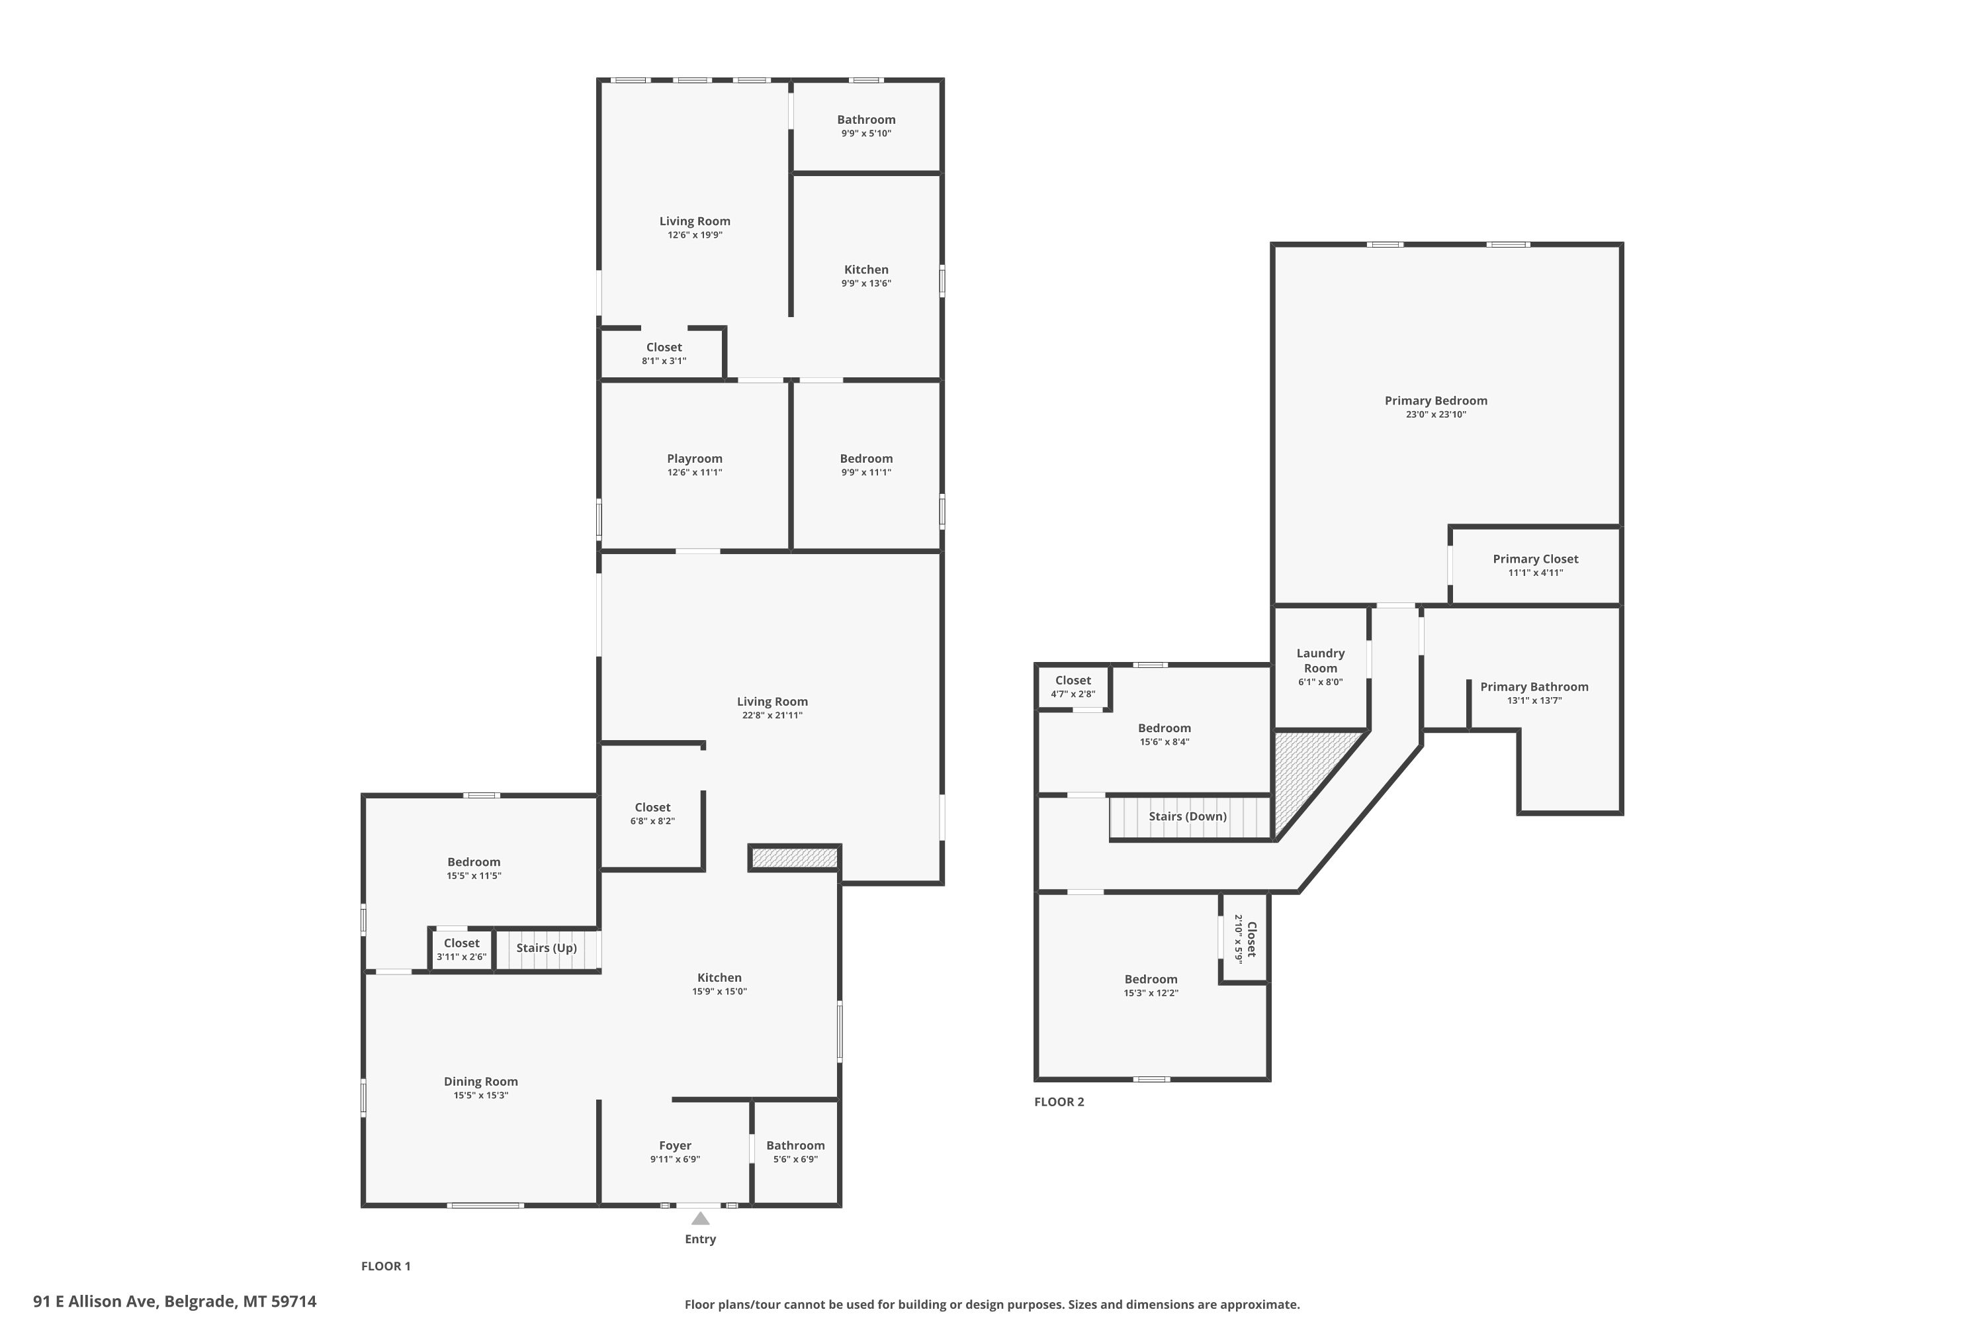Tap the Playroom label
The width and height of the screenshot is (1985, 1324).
pyautogui.click(x=695, y=459)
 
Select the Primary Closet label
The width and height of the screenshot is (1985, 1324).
pyautogui.click(x=1535, y=559)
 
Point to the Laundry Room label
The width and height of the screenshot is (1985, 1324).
pyautogui.click(x=1320, y=660)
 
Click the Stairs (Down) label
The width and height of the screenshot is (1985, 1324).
pyautogui.click(x=1188, y=816)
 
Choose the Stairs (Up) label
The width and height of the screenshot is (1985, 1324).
pyautogui.click(x=547, y=947)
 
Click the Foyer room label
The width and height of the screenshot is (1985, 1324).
pyautogui.click(x=675, y=1146)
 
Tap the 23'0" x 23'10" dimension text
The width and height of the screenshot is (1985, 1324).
pyautogui.click(x=1436, y=414)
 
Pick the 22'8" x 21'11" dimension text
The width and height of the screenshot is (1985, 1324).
pyautogui.click(x=772, y=715)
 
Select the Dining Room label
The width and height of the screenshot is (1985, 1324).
pyautogui.click(x=481, y=1082)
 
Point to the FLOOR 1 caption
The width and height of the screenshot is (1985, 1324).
pyautogui.click(x=386, y=1266)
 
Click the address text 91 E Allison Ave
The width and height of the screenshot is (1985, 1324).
pyautogui.click(x=95, y=1301)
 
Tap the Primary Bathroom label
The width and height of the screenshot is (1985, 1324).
pyautogui.click(x=1534, y=687)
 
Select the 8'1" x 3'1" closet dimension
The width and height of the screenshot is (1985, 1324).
pyautogui.click(x=664, y=361)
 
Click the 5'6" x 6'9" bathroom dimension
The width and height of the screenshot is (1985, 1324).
pyautogui.click(x=796, y=1159)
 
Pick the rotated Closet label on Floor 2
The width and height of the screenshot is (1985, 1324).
pyautogui.click(x=1252, y=939)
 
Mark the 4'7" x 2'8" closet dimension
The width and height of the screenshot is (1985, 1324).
pyautogui.click(x=1073, y=694)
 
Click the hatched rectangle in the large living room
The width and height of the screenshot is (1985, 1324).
pyautogui.click(x=794, y=858)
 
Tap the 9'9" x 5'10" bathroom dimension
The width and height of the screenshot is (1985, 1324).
pyautogui.click(x=866, y=134)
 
